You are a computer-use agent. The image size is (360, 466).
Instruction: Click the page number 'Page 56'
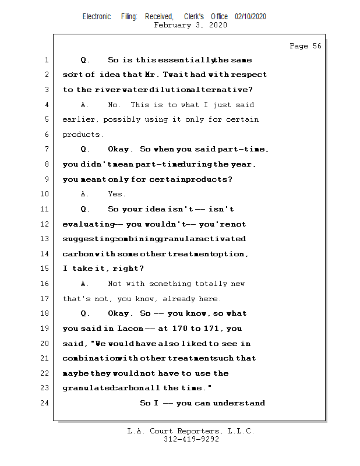tap(305, 46)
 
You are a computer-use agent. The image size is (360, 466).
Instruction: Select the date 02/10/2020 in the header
tap(250, 17)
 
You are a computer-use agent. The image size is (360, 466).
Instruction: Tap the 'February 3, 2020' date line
tap(190, 25)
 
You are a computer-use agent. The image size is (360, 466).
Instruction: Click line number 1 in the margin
tap(46, 60)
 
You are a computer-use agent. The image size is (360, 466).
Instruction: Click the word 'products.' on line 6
tap(83, 135)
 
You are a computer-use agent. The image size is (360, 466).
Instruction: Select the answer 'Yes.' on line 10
tap(117, 194)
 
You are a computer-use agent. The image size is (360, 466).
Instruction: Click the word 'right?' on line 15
tap(130, 269)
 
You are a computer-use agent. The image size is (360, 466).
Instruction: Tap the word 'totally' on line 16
tap(196, 284)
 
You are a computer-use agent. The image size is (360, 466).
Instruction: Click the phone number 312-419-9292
tap(191, 439)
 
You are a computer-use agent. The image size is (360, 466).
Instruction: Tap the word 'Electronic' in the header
tap(97, 17)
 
